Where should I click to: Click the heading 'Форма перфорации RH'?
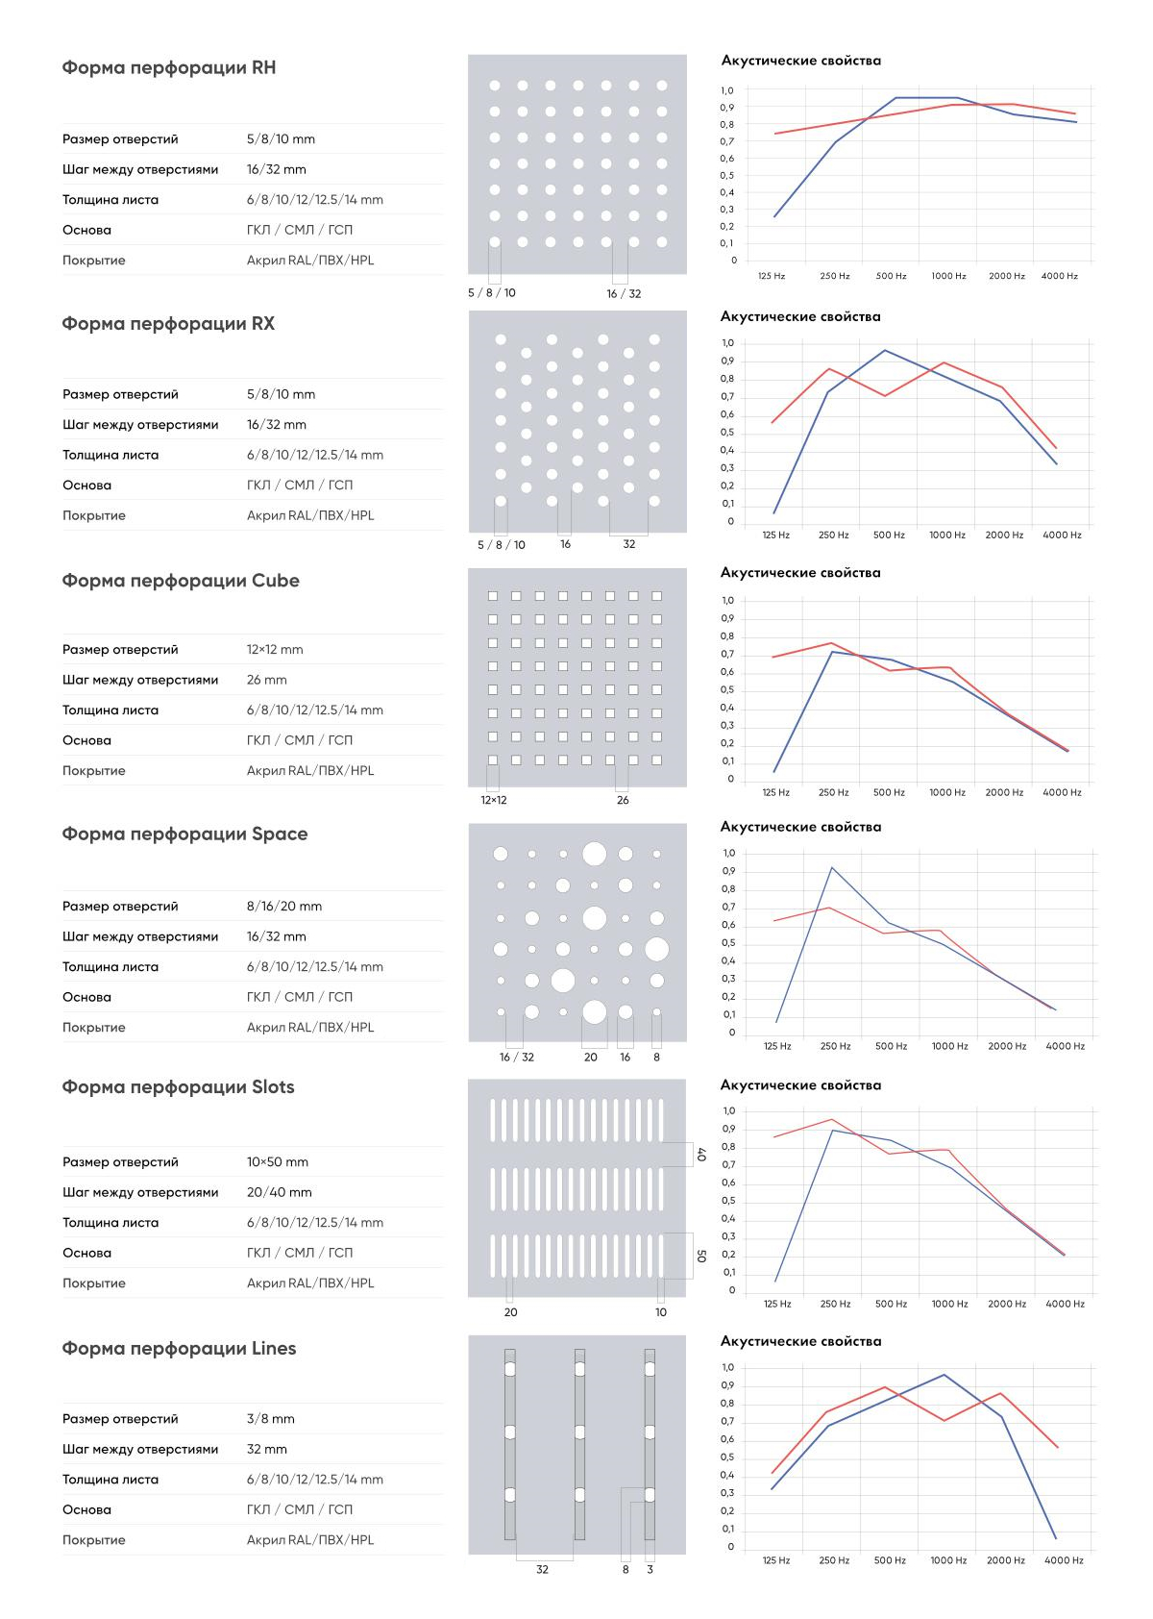coord(168,67)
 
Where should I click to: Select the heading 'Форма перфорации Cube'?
coord(180,581)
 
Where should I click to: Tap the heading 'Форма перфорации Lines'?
coord(179,1349)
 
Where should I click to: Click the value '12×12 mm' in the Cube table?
coord(275,650)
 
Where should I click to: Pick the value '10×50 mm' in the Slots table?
coord(278,1162)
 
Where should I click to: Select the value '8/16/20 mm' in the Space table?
coord(283,907)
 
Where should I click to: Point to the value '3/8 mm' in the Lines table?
coord(270,1419)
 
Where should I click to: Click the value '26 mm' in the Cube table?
coord(266,680)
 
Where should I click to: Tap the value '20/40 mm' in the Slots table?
coord(279,1192)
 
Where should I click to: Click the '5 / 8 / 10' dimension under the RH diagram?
coord(491,292)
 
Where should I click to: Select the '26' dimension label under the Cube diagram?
coord(623,800)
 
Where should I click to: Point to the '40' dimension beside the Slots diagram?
coord(700,1155)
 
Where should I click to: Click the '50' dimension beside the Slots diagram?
coord(700,1257)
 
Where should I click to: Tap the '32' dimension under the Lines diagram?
coord(542,1569)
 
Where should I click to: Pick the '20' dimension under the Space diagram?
coord(590,1057)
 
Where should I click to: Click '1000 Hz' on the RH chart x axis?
coord(948,276)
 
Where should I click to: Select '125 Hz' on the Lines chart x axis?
coord(776,1560)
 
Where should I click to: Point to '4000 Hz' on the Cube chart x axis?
coord(1062,792)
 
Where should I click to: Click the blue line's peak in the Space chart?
coord(832,867)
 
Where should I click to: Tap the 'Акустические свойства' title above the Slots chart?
coord(800,1084)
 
